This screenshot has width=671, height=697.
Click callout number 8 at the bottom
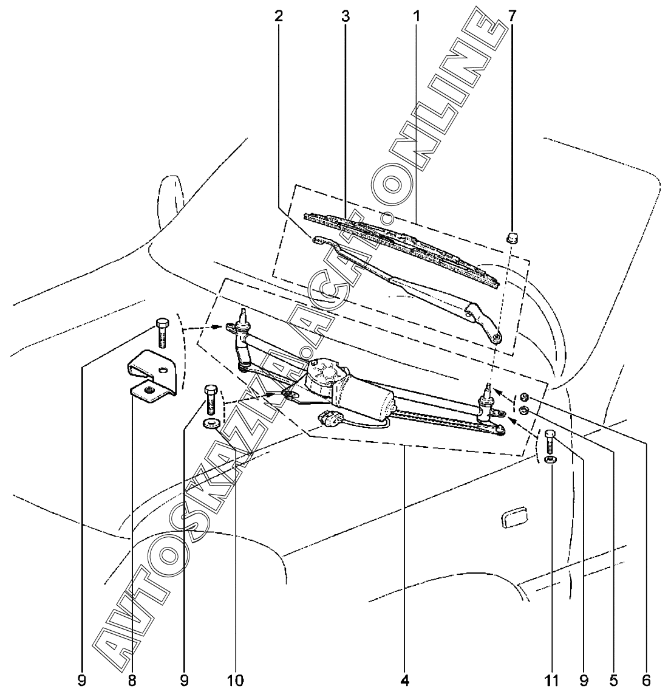132,680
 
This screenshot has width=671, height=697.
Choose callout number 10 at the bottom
236,680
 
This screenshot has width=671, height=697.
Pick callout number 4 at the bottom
405,680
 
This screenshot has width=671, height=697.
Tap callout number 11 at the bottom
552,680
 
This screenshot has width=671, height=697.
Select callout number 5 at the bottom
614,680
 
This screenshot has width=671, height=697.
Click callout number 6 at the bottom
646,680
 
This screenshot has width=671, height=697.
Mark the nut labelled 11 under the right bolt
550,459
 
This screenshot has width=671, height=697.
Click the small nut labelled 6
524,397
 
